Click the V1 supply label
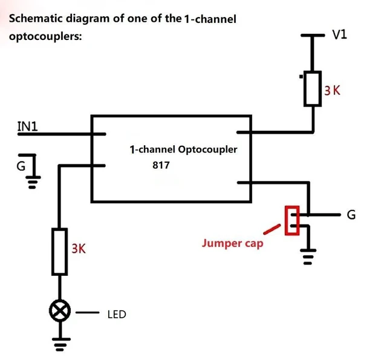pyautogui.click(x=339, y=34)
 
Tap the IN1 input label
pyautogui.click(x=27, y=126)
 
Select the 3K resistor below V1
pyautogui.click(x=312, y=89)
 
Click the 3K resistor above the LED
pyautogui.click(x=59, y=252)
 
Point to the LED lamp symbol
pyautogui.click(x=60, y=311)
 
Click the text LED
pyautogui.click(x=117, y=315)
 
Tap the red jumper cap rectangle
pyautogui.click(x=292, y=220)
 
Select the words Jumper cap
pyautogui.click(x=232, y=243)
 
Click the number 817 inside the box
pyautogui.click(x=161, y=165)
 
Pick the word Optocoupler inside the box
pyautogui.click(x=207, y=149)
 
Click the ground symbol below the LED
pyautogui.click(x=61, y=344)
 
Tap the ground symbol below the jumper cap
pyautogui.click(x=308, y=257)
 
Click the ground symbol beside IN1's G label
pyautogui.click(x=32, y=182)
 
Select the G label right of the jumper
pyautogui.click(x=351, y=215)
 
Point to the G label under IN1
pyautogui.click(x=21, y=166)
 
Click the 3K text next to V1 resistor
pyautogui.click(x=332, y=90)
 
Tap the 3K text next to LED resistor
pyautogui.click(x=79, y=249)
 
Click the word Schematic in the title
pyautogui.click(x=36, y=19)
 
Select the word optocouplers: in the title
pyautogui.click(x=45, y=36)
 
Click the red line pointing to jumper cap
pyautogui.click(x=272, y=229)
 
